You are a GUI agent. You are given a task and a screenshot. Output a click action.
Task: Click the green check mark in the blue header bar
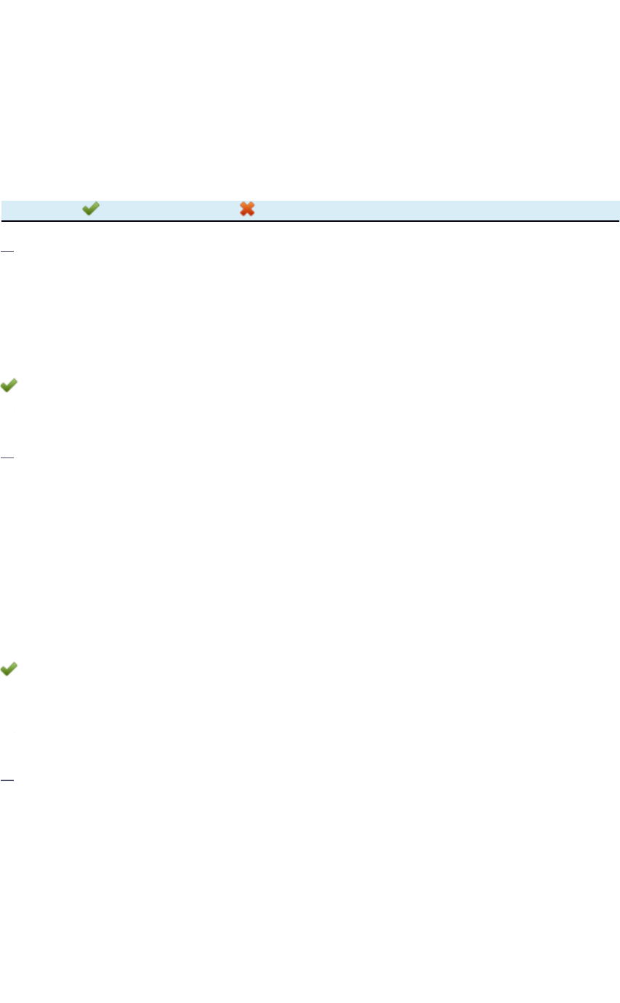click(90, 209)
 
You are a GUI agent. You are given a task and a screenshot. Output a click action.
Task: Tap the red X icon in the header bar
click(247, 209)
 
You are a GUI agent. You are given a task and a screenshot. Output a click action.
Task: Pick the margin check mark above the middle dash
click(9, 386)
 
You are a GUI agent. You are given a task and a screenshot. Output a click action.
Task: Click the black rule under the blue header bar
click(310, 220)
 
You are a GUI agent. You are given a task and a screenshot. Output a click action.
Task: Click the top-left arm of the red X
click(243, 205)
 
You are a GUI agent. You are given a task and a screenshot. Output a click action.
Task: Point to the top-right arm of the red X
click(251, 205)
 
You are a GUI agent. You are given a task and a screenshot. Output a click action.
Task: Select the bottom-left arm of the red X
click(243, 214)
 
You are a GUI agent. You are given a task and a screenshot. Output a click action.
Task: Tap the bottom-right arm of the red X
click(251, 214)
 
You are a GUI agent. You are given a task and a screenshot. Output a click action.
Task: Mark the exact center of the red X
click(247, 209)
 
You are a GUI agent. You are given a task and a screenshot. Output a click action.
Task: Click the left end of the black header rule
click(1, 220)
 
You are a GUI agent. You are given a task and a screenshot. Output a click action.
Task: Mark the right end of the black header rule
click(618, 220)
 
